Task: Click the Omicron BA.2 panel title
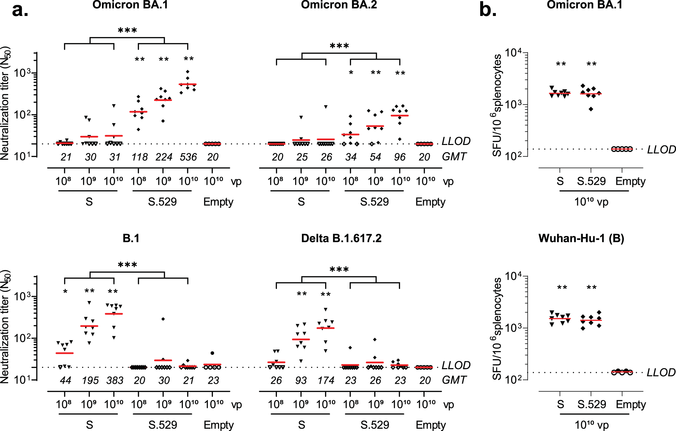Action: (339, 5)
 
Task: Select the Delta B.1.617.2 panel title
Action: (341, 238)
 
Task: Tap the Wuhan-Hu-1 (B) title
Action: (581, 238)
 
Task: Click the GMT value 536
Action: (188, 157)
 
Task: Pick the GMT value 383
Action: (115, 380)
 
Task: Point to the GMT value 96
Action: (400, 157)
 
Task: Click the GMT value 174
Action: (326, 380)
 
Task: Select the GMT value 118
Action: (139, 157)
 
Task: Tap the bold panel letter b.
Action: (488, 10)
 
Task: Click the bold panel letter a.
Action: (20, 10)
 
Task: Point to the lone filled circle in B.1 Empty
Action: (212, 353)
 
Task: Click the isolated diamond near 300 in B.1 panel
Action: (163, 319)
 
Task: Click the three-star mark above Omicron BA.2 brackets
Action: (339, 46)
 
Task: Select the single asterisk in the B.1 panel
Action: (65, 292)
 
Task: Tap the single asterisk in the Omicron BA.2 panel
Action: (351, 73)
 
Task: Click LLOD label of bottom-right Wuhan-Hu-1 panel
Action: (661, 372)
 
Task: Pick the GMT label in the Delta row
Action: (454, 380)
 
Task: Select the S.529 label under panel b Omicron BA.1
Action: (591, 181)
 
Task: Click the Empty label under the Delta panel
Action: (431, 425)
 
